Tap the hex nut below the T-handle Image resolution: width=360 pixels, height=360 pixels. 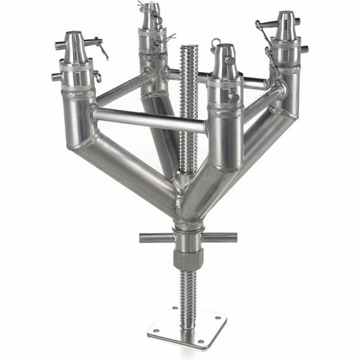188,259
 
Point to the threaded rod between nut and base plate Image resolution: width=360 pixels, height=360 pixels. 188,294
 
